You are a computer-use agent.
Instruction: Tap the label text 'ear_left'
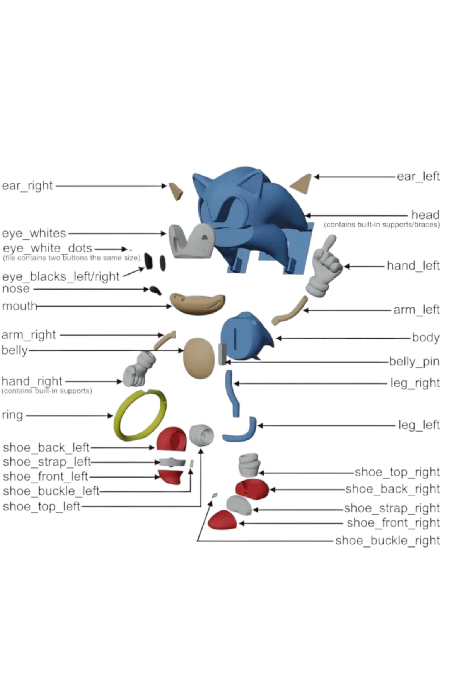[x=418, y=176]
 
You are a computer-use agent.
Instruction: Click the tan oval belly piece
[x=199, y=358]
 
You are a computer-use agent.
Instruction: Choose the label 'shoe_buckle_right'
[x=387, y=540]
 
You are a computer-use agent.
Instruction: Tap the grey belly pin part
[x=222, y=354]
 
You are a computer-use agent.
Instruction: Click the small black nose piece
[x=155, y=290]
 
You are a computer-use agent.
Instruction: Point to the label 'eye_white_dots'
[x=47, y=248]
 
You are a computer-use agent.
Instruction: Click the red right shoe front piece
[x=222, y=520]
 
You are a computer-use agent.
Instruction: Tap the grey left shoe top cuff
[x=201, y=435]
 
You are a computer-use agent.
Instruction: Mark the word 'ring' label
[x=12, y=415]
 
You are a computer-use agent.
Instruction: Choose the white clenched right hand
[x=137, y=370]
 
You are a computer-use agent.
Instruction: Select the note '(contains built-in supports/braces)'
[x=382, y=225]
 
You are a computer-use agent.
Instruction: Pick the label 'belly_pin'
[x=414, y=361]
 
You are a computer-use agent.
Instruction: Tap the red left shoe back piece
[x=171, y=439]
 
